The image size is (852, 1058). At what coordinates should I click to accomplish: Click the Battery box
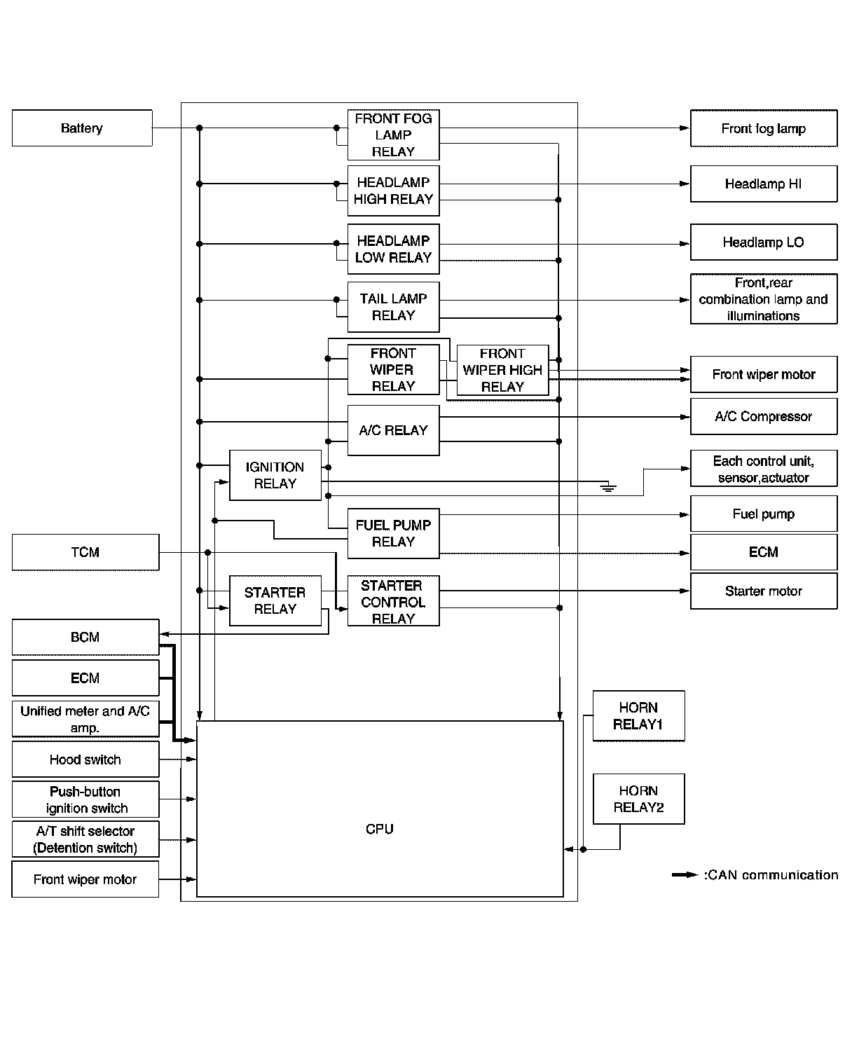tap(82, 128)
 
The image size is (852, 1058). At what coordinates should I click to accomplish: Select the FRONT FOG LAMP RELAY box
tap(393, 135)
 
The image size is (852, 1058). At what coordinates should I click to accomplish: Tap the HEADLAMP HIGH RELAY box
tap(393, 191)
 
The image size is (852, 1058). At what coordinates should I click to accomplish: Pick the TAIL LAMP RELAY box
tap(393, 307)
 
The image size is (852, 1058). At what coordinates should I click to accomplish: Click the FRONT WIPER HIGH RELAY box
tap(502, 370)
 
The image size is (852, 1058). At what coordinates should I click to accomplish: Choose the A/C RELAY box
tap(393, 430)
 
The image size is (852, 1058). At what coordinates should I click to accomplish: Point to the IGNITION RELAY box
tap(275, 475)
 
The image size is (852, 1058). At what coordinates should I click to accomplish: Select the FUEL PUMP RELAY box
tap(393, 533)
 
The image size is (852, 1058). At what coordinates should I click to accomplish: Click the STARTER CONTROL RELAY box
tap(393, 602)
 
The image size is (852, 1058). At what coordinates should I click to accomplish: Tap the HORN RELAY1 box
tap(638, 716)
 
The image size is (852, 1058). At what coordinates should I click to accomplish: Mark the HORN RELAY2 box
tap(638, 799)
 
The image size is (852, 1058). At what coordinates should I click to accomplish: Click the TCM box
tap(85, 552)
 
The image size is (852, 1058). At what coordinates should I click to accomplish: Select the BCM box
tap(85, 637)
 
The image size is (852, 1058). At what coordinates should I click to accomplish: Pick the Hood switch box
tap(85, 760)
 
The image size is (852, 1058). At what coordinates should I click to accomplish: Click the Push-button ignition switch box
tap(85, 799)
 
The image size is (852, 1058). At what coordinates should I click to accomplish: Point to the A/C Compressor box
tap(764, 416)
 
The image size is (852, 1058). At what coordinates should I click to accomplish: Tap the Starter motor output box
tap(764, 591)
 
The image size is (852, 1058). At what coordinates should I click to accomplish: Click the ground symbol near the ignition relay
tap(609, 487)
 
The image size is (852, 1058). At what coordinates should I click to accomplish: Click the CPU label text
tap(380, 829)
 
